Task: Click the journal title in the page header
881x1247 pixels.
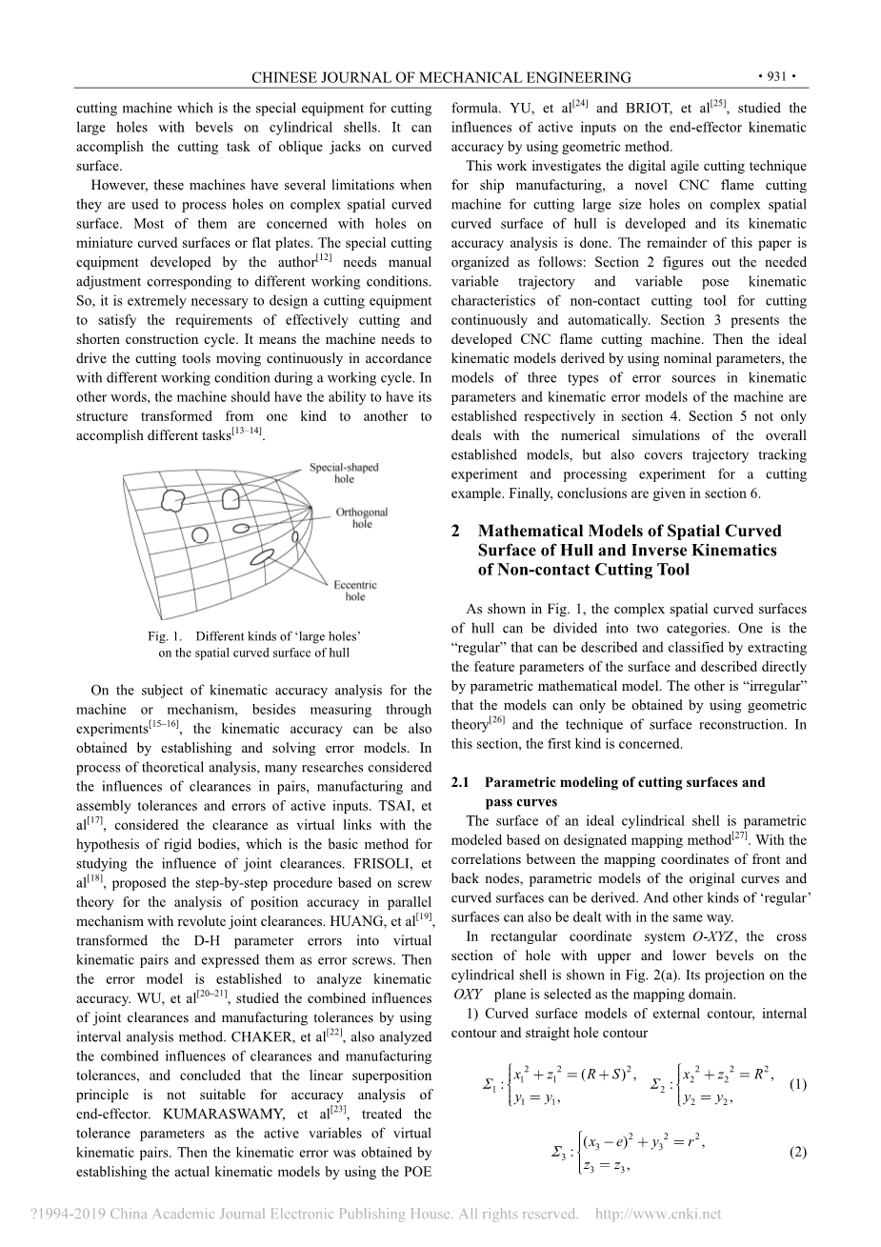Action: click(x=440, y=77)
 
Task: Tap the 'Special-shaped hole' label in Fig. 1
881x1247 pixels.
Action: click(x=343, y=473)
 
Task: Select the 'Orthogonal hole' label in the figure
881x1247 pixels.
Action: click(x=362, y=518)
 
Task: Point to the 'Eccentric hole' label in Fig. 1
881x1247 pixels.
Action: click(x=355, y=591)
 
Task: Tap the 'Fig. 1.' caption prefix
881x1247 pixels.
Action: click(x=165, y=636)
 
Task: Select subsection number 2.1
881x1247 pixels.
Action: click(x=461, y=782)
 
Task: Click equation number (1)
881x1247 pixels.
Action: click(x=798, y=1084)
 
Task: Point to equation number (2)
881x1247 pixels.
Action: click(x=798, y=1153)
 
